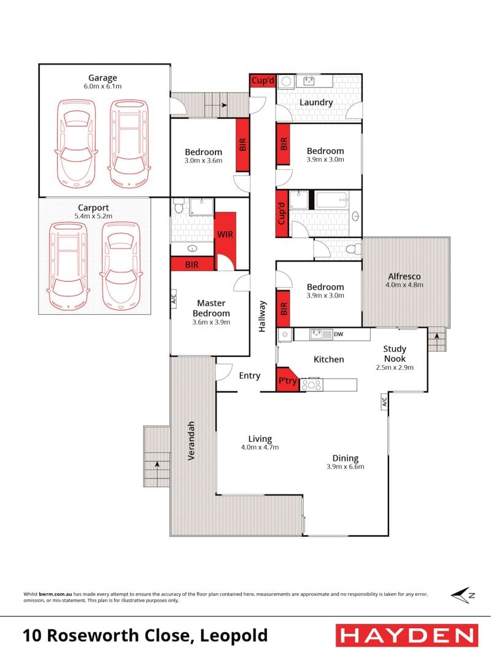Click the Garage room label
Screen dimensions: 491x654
[102, 78]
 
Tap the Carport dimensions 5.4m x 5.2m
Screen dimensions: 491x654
[93, 216]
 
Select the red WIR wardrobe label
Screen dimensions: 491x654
[225, 234]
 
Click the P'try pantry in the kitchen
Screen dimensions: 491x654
[287, 380]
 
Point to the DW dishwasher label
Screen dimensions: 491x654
[339, 334]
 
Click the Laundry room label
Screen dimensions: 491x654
[316, 102]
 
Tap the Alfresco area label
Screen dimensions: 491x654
[404, 276]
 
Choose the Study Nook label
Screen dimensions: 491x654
[395, 354]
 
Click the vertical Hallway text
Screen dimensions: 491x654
[262, 316]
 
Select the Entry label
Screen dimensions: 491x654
[249, 376]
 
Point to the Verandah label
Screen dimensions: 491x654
[191, 441]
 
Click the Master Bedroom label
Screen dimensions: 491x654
[211, 308]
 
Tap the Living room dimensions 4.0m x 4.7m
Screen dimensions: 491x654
[260, 447]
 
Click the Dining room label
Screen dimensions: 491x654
[346, 458]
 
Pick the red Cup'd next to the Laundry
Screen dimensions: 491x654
[263, 80]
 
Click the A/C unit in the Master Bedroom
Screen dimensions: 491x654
[174, 299]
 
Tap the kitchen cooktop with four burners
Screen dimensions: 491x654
[311, 385]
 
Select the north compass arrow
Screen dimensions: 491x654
[463, 595]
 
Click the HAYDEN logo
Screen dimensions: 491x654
[407, 636]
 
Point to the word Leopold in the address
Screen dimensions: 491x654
[234, 636]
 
